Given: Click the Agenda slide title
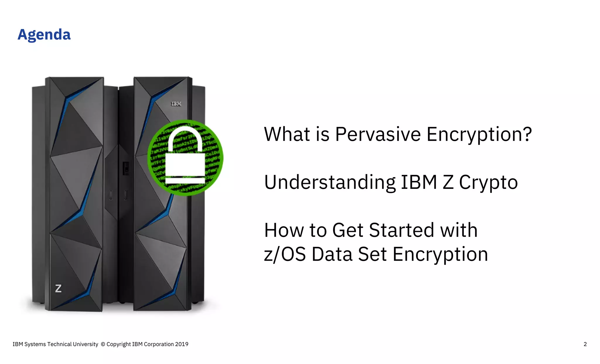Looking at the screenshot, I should [44, 35].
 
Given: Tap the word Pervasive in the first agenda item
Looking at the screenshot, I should [378, 134].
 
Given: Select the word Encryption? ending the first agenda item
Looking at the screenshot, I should [479, 134].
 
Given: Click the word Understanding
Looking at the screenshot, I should [330, 182].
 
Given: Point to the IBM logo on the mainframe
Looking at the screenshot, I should [176, 104].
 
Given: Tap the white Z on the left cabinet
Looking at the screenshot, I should [58, 288].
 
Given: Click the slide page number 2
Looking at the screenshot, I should [585, 344].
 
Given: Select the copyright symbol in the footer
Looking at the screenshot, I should [103, 344].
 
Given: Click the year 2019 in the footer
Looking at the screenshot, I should [182, 344].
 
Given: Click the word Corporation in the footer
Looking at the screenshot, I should [158, 344].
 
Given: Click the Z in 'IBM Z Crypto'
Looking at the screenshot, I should [448, 182].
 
